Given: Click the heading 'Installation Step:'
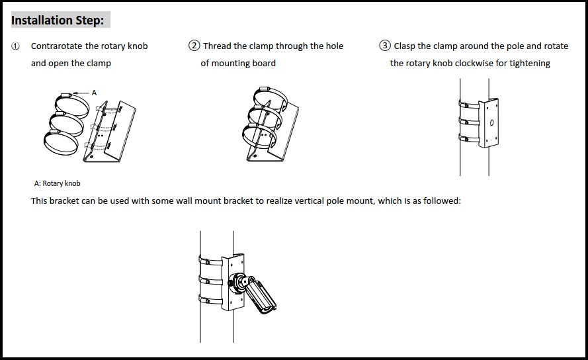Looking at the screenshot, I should [58, 21].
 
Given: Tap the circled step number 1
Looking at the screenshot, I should [16, 46].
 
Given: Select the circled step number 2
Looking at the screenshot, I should [194, 46].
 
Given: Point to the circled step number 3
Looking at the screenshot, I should [385, 46].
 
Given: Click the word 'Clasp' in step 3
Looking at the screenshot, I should [405, 46].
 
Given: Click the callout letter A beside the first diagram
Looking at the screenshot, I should [94, 93].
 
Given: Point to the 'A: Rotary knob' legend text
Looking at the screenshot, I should [57, 183].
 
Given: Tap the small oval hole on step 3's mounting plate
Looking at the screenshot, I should [491, 123].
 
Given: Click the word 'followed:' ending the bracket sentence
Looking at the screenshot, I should [442, 201].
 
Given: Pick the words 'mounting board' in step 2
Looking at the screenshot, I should [238, 64].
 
